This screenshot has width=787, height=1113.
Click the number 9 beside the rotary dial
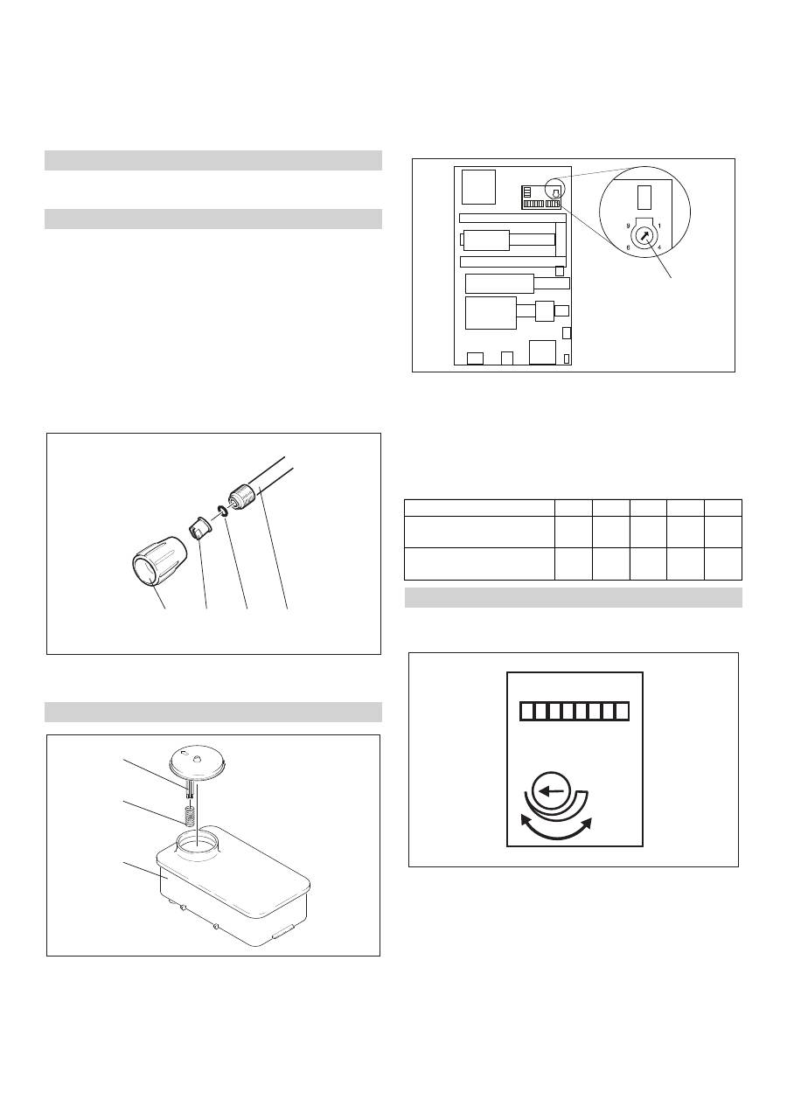(x=628, y=226)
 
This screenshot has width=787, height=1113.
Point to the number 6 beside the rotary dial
(x=628, y=247)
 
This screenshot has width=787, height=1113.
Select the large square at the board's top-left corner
(x=478, y=187)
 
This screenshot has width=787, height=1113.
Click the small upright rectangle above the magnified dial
(x=644, y=198)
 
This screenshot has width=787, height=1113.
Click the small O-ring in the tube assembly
(x=223, y=511)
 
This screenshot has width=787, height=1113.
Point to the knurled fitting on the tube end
(x=241, y=497)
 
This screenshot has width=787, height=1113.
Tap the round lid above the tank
(x=196, y=765)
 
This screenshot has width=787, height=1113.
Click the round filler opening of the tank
(x=198, y=842)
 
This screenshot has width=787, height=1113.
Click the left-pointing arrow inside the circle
(x=552, y=791)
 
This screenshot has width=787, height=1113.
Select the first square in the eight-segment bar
(x=526, y=711)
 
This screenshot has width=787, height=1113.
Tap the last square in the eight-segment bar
(x=622, y=711)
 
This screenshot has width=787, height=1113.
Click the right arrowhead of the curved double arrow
(x=586, y=823)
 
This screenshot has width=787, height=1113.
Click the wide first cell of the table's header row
(x=479, y=508)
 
